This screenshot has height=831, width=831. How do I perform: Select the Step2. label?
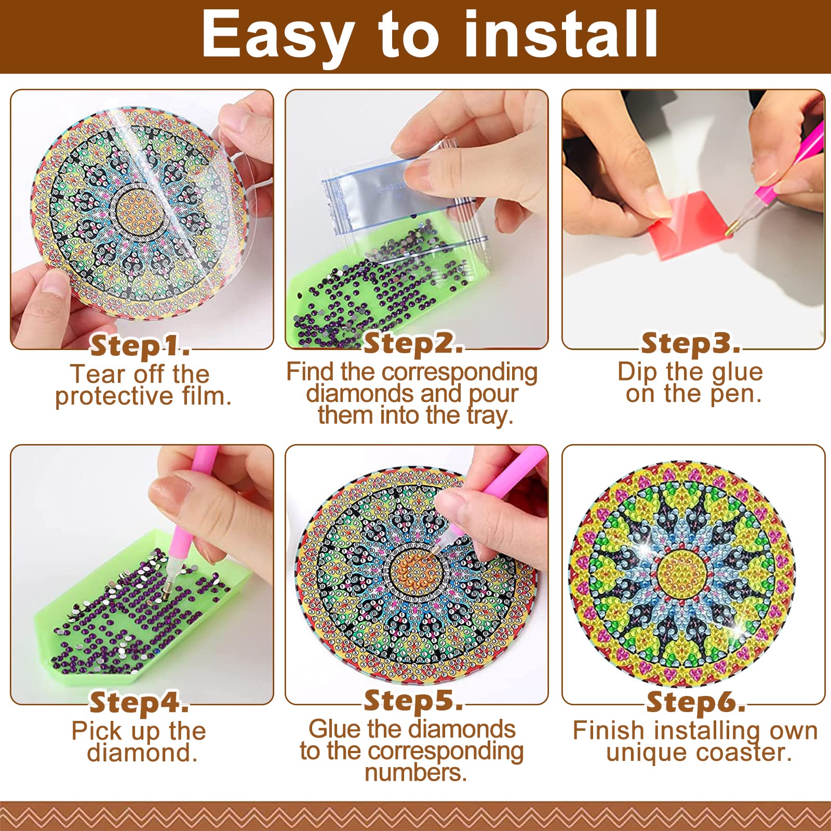pyautogui.click(x=413, y=343)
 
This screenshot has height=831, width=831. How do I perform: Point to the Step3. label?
pyautogui.click(x=691, y=343)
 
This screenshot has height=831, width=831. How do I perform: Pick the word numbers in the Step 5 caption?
pyautogui.click(x=415, y=773)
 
